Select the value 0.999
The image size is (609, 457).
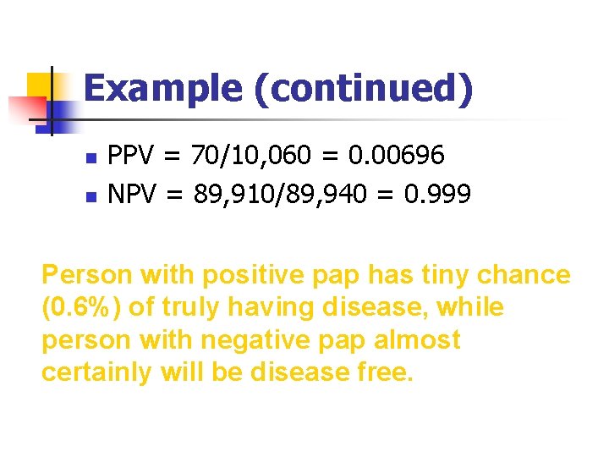tap(437, 195)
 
